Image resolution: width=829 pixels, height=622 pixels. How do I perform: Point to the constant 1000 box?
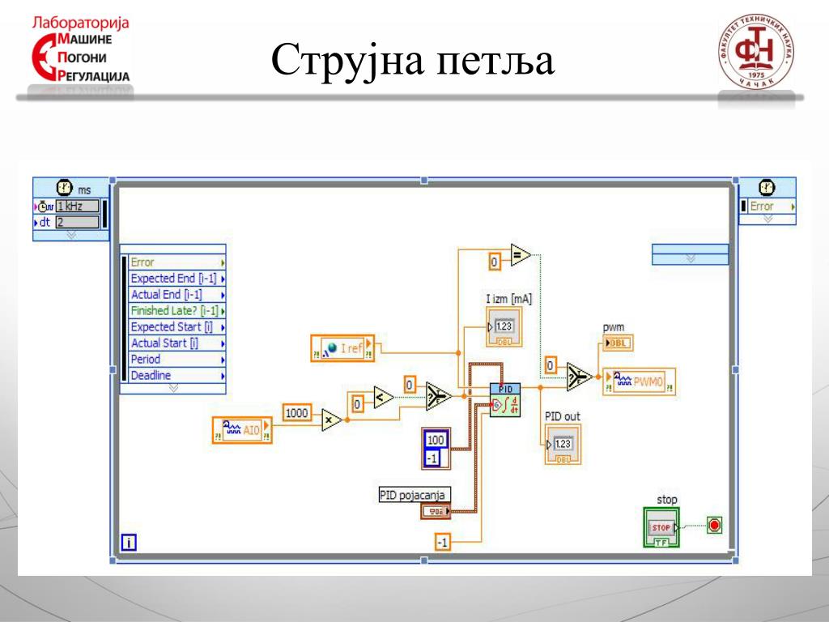297,413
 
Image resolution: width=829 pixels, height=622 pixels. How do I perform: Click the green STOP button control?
661,527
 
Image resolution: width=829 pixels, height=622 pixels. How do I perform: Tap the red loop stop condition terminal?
714,525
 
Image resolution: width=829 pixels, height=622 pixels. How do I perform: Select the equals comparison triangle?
520,257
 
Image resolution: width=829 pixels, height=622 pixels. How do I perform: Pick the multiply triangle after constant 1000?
329,420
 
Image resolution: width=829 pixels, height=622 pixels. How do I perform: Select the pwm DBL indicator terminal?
618,343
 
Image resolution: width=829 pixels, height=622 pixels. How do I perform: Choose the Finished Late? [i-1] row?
174,310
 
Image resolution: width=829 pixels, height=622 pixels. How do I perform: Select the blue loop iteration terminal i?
128,543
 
